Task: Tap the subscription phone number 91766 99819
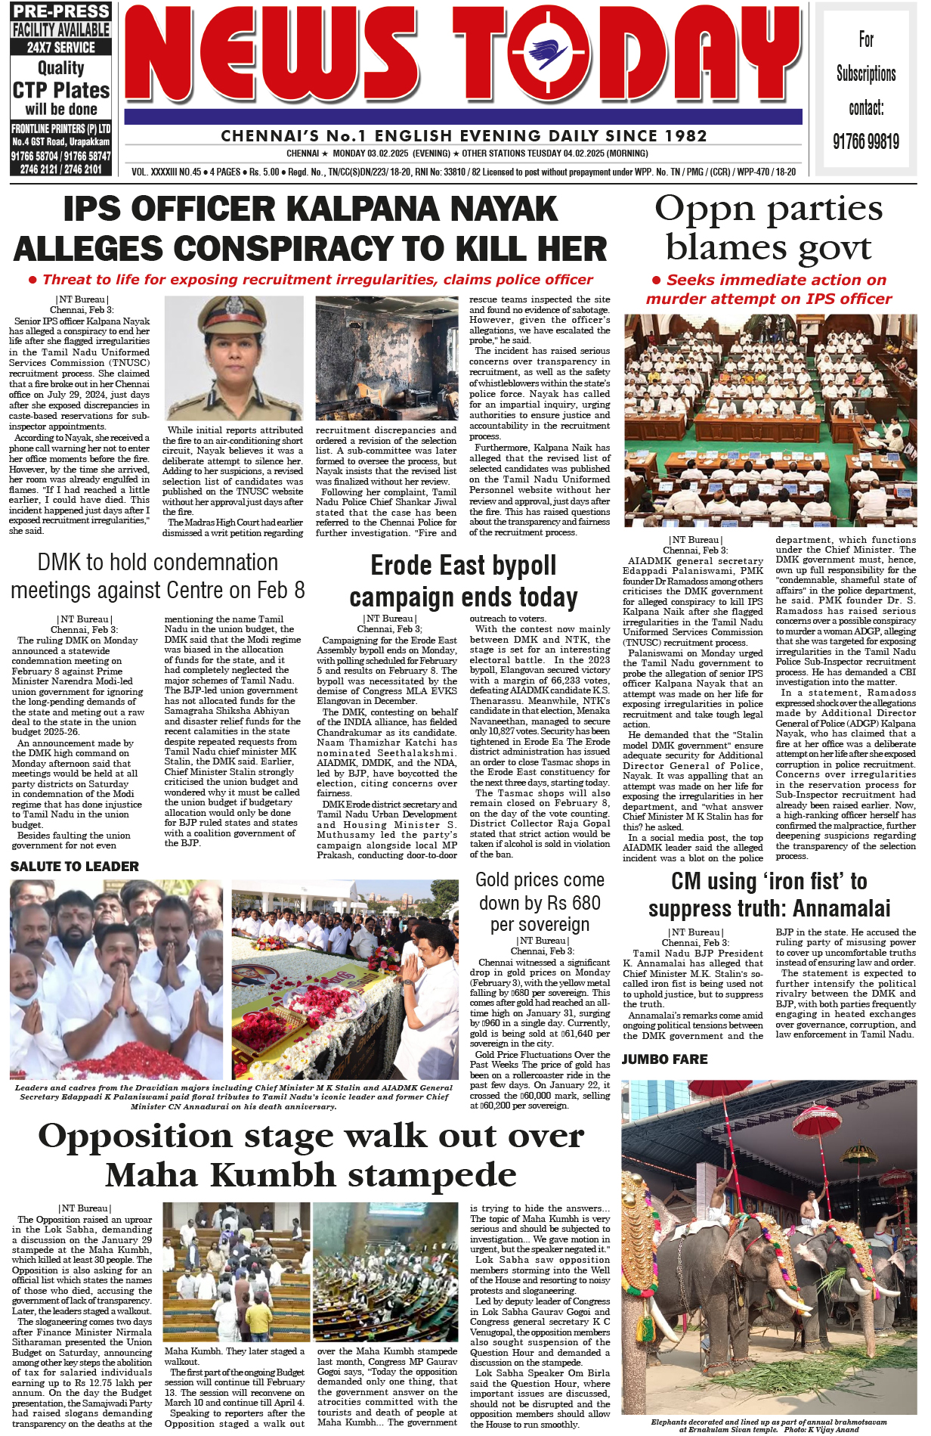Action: point(866,141)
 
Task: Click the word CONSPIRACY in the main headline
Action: point(308,249)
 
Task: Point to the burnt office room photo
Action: point(386,358)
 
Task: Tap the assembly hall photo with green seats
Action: point(770,420)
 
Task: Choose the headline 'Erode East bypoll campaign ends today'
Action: point(463,581)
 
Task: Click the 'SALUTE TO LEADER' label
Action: point(75,867)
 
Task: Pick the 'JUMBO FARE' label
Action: point(664,1059)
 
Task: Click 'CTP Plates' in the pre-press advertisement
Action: point(61,91)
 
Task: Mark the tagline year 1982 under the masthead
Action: point(687,136)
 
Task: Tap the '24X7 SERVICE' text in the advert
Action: point(61,47)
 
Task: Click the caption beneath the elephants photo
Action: point(769,1425)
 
